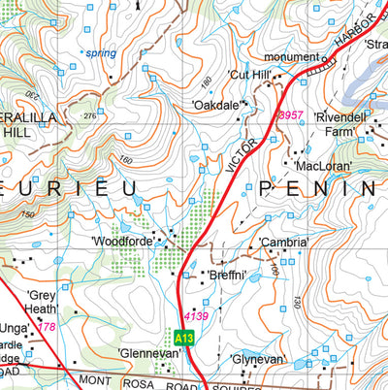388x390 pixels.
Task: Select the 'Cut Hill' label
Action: coord(246,75)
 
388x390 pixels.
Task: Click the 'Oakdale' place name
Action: coord(214,104)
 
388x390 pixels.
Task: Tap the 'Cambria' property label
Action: coord(284,243)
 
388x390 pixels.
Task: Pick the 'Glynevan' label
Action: coord(258,359)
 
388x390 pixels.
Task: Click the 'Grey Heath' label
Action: coord(44,302)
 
